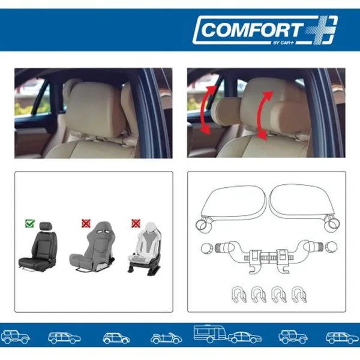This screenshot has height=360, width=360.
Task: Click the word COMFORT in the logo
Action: click(251, 30)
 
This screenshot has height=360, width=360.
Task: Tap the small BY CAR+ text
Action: click(283, 43)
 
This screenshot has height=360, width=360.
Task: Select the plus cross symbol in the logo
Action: click(321, 30)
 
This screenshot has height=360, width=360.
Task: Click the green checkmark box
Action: click(30, 223)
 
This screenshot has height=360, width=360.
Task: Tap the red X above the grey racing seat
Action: click(86, 223)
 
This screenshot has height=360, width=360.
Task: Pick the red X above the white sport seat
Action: click(136, 223)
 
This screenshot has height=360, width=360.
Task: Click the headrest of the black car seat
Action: click(46, 226)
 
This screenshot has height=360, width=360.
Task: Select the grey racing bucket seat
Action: click(92, 247)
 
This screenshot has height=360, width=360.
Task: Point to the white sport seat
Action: click(144, 248)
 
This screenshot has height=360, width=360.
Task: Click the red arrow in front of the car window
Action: click(206, 110)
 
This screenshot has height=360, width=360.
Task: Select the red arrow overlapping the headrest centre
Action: click(263, 115)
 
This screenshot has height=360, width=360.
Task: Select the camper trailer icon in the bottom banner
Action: click(210, 333)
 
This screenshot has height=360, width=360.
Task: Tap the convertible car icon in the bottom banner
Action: click(166, 338)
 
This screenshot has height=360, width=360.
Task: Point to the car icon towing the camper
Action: click(245, 337)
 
